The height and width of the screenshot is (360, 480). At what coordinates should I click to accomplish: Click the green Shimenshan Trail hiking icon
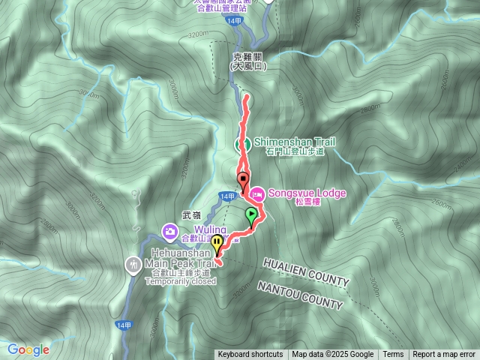[x=244, y=144]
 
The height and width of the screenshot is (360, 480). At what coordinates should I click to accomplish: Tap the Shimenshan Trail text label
[x=294, y=142]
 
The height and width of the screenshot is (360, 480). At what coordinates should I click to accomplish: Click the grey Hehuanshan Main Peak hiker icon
[x=133, y=263]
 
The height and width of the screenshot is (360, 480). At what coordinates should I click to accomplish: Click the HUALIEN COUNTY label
[x=306, y=271]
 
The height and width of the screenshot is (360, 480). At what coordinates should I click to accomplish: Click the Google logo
[x=28, y=349]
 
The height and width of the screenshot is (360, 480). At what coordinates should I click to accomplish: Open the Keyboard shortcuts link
[x=250, y=355]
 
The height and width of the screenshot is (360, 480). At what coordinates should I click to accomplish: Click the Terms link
[x=393, y=355]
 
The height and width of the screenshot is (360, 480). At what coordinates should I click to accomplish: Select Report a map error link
[x=444, y=355]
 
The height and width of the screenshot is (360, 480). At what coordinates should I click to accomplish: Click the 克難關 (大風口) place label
[x=247, y=61]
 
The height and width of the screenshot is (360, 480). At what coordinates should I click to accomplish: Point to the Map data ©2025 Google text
[x=333, y=355]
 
